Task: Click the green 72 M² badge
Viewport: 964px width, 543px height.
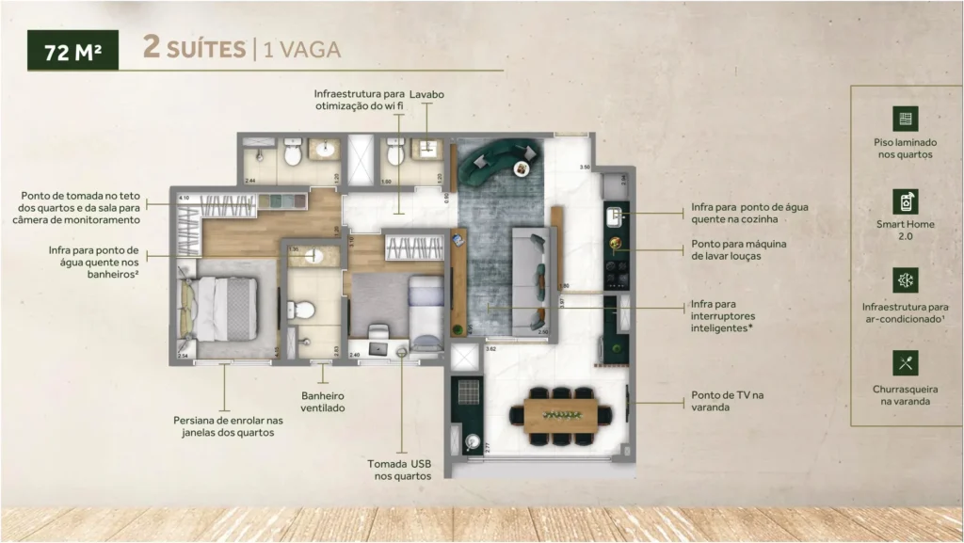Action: pyautogui.click(x=72, y=51)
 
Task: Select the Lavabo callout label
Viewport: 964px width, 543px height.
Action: pyautogui.click(x=427, y=95)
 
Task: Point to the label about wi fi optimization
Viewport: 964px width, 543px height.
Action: pyautogui.click(x=360, y=101)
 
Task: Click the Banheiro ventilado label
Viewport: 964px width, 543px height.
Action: pyautogui.click(x=323, y=402)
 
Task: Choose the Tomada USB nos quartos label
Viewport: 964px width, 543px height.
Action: pyautogui.click(x=400, y=470)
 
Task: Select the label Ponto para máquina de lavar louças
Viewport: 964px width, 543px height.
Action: pyautogui.click(x=738, y=249)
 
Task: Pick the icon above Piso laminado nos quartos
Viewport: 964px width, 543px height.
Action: pyautogui.click(x=906, y=119)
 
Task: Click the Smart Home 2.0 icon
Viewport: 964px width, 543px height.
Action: pyautogui.click(x=906, y=200)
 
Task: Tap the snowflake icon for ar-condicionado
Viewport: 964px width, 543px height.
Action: pyautogui.click(x=906, y=280)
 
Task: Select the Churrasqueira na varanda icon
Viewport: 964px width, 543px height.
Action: pyautogui.click(x=906, y=362)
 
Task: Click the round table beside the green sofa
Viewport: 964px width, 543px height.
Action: pyautogui.click(x=521, y=168)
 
